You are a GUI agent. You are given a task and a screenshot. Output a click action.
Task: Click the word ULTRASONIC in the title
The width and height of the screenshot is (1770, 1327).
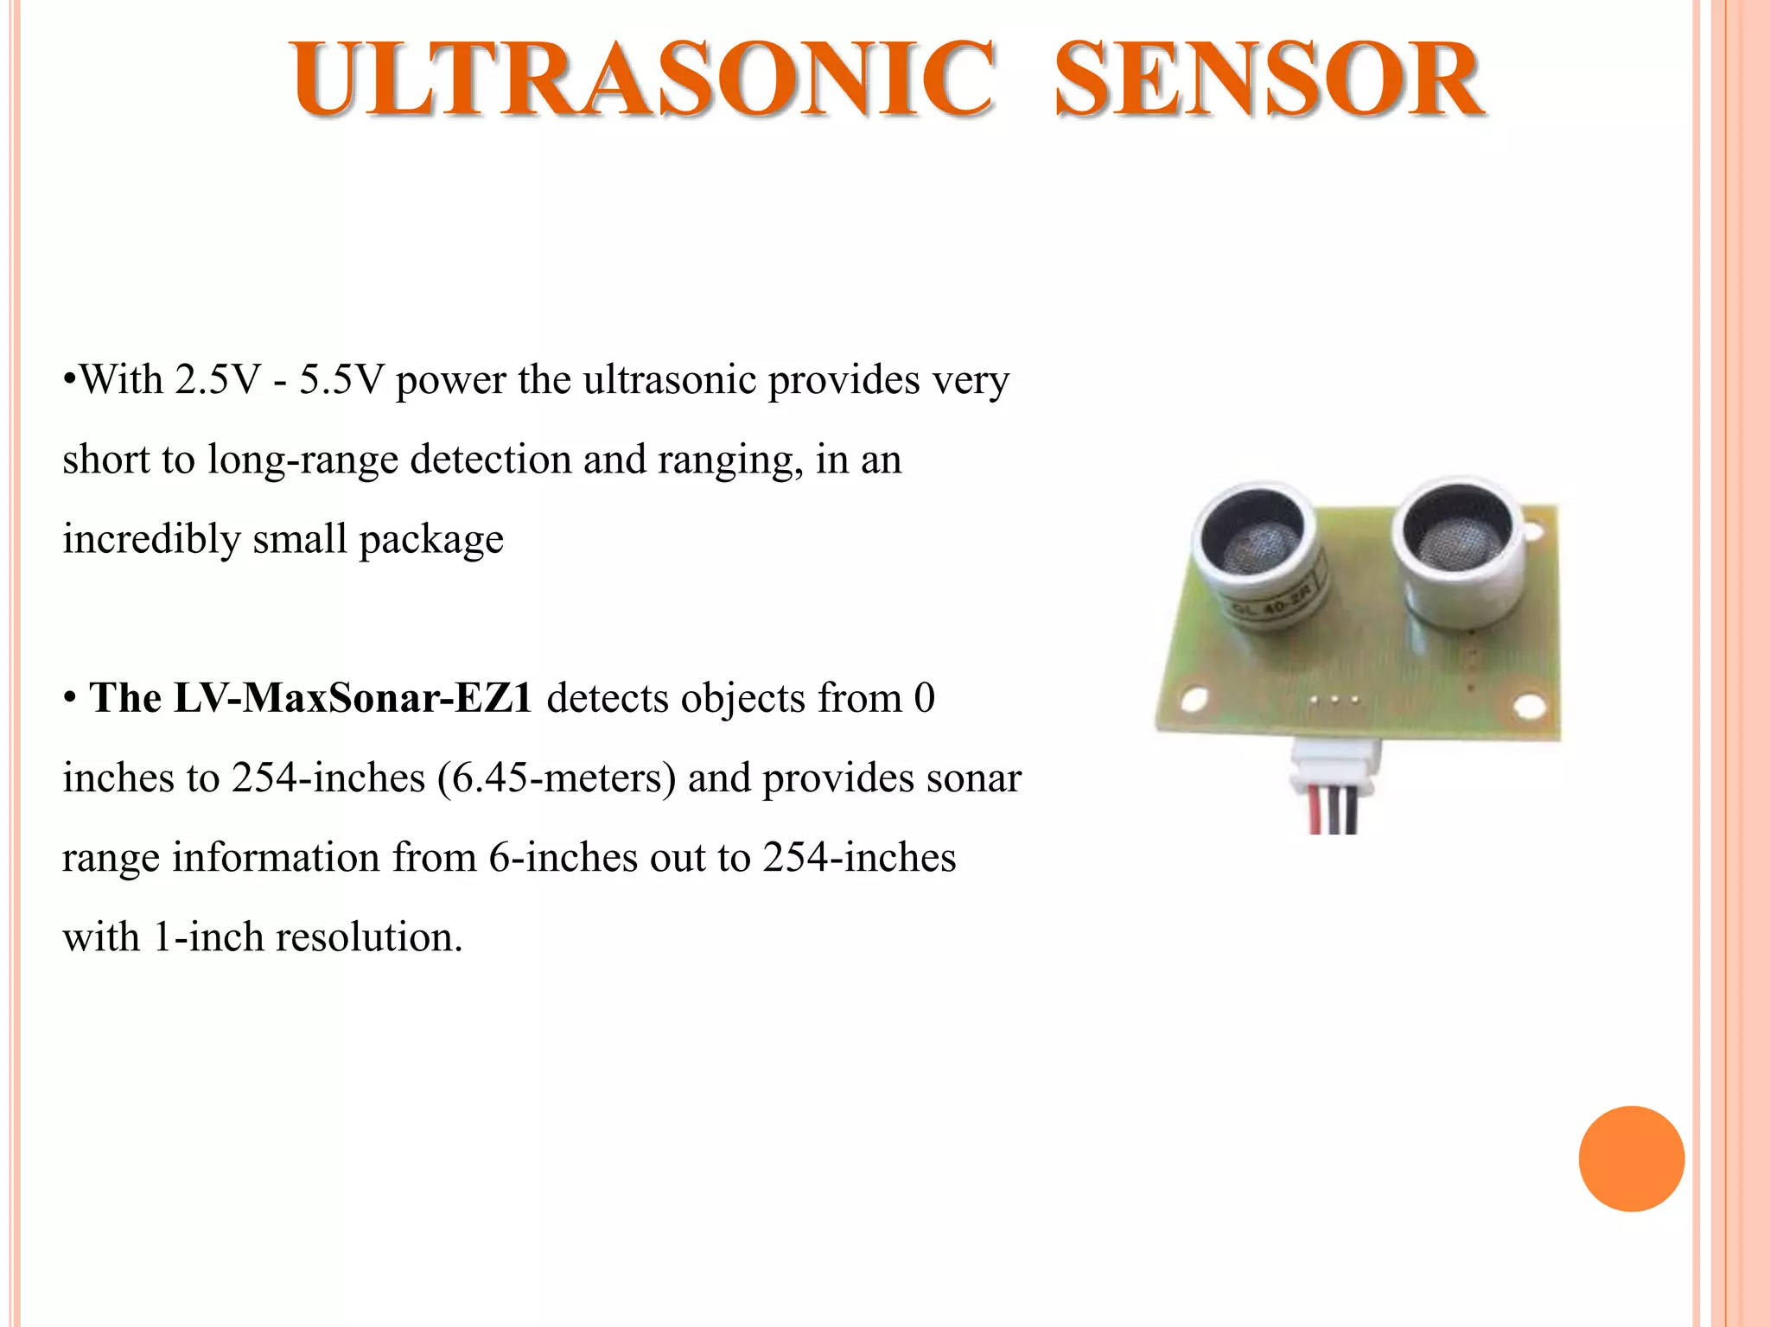644,79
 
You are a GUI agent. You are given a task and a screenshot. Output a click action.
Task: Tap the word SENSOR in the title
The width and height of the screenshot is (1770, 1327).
1269,79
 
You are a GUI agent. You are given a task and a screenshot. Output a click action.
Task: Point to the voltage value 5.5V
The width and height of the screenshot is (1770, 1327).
341,379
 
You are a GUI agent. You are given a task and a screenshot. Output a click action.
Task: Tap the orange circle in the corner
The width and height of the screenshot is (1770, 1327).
1631,1159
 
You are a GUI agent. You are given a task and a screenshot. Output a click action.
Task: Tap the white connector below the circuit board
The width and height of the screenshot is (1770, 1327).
1334,765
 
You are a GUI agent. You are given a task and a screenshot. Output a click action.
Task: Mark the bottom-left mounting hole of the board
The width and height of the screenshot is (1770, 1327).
1194,699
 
